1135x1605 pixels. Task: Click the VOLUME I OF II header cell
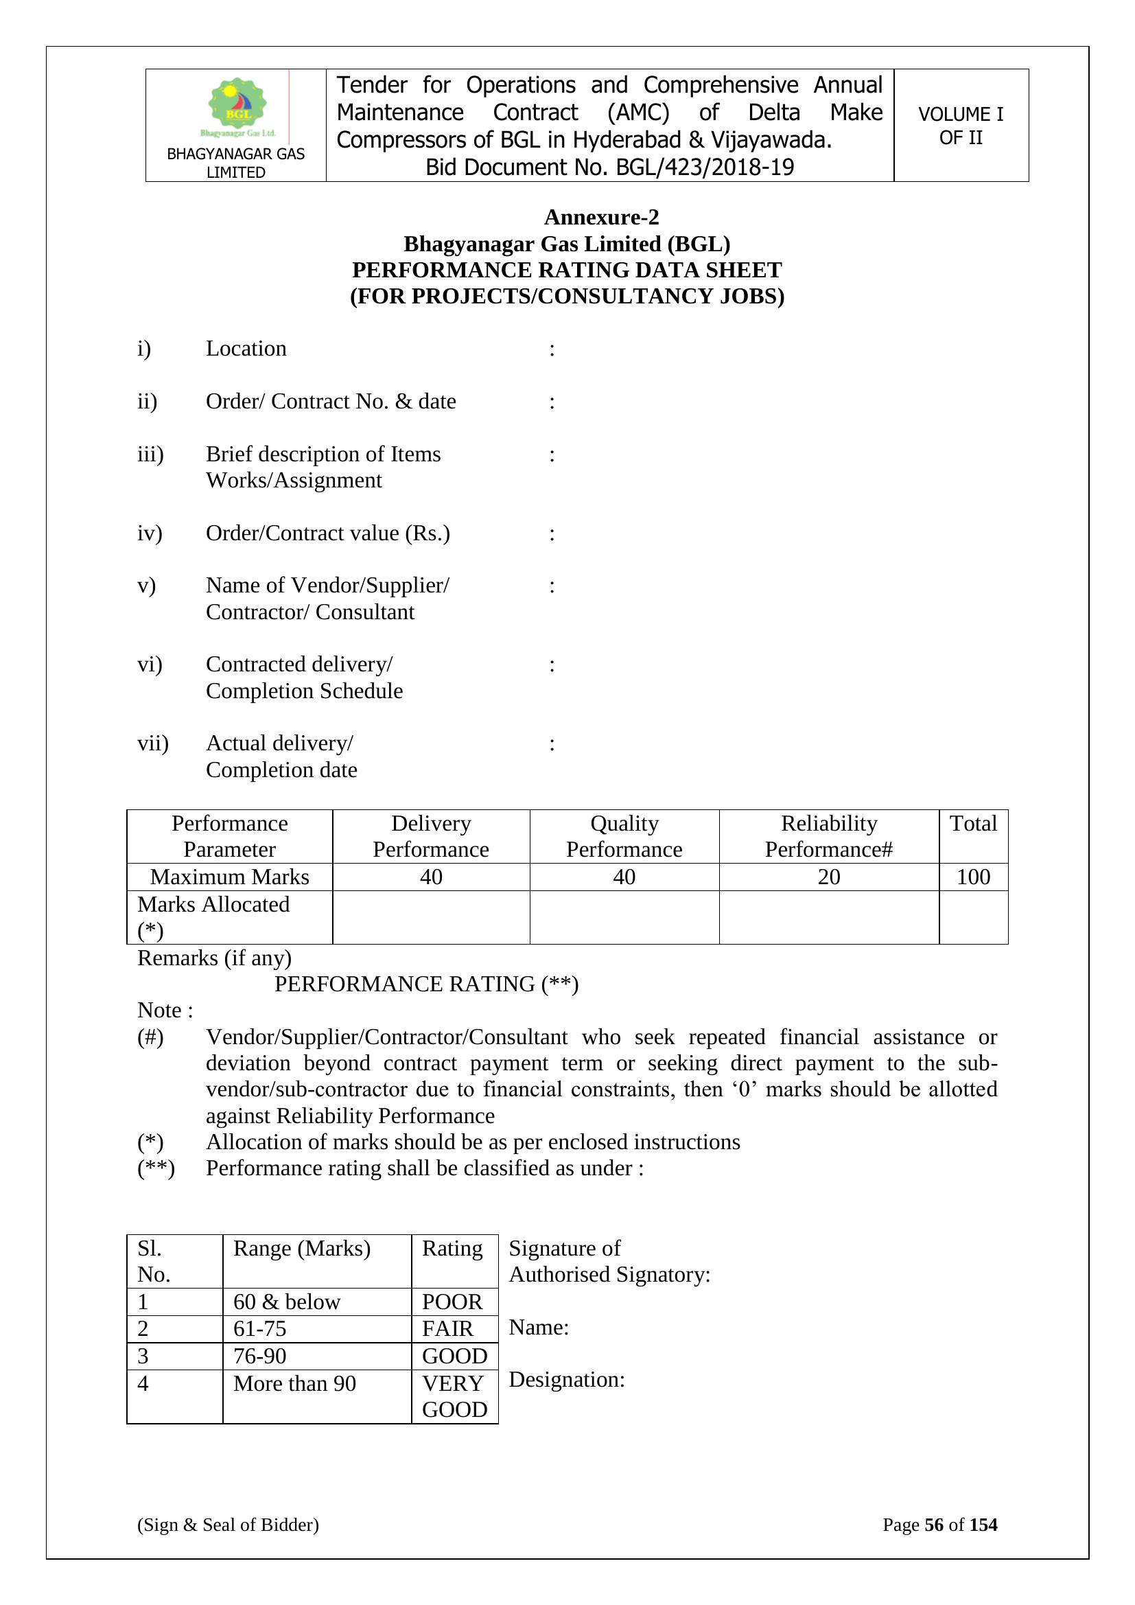coord(960,126)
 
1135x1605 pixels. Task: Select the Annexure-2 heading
coord(601,218)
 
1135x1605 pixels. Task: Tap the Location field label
coord(246,348)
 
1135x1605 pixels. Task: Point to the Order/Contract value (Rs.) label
coord(328,533)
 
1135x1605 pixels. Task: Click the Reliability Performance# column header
coord(828,836)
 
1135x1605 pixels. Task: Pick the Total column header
coord(973,824)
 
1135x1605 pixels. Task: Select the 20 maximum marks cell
coord(828,877)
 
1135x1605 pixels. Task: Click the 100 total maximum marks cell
coord(973,877)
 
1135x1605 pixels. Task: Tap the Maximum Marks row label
coord(229,877)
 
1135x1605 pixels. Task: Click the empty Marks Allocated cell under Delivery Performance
coord(430,917)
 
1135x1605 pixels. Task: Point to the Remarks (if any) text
coord(215,958)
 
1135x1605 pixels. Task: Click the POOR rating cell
coord(452,1302)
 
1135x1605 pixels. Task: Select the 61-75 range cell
coord(260,1328)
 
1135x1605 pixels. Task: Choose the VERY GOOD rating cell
coord(454,1396)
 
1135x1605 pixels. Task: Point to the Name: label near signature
coord(539,1327)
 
